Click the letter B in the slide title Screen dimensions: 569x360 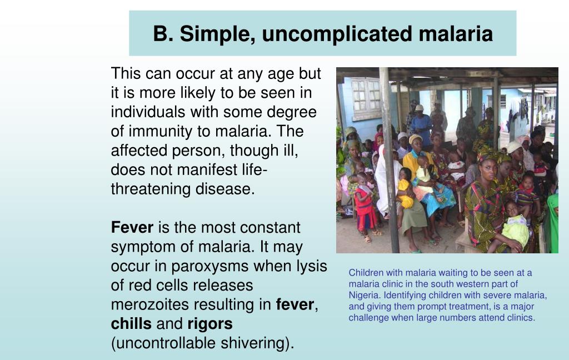[160, 34]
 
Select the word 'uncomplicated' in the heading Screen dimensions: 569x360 [337, 34]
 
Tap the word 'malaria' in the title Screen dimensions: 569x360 [456, 34]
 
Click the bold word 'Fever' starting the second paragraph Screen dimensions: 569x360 [132, 228]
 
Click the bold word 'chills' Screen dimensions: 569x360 [131, 324]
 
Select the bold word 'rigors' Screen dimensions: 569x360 [210, 324]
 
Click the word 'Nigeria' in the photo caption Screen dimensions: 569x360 [364, 295]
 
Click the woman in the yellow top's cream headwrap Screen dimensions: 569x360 [416, 139]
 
